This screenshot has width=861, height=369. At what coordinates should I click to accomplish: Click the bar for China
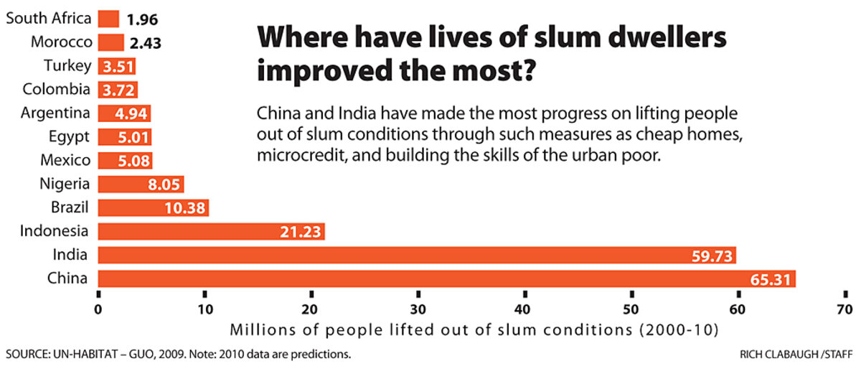[445, 279]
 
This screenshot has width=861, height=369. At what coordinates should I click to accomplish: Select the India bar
[416, 255]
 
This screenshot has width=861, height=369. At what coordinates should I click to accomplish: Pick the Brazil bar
[152, 208]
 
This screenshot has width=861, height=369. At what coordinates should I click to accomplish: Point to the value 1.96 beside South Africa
[141, 19]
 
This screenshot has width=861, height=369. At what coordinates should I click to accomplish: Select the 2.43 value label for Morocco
[146, 43]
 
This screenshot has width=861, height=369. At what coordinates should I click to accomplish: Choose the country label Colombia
[57, 90]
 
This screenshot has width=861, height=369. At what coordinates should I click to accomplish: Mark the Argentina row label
[55, 113]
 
